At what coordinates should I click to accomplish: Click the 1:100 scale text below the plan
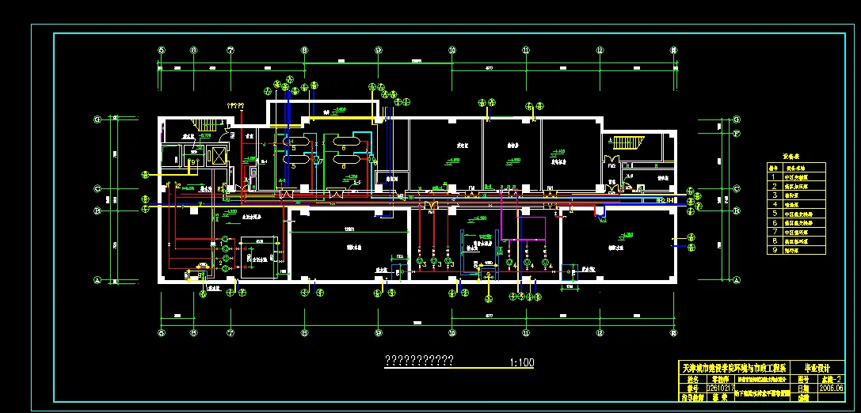pyautogui.click(x=523, y=363)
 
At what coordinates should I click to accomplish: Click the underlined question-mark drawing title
pyautogui.click(x=418, y=361)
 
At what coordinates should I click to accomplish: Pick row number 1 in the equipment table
pyautogui.click(x=773, y=179)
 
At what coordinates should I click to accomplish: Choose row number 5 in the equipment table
pyautogui.click(x=773, y=214)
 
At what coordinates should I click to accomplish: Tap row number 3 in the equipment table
pyautogui.click(x=773, y=196)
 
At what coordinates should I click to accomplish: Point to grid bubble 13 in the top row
pyautogui.click(x=675, y=50)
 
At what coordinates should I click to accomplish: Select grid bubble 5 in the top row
pyautogui.click(x=162, y=50)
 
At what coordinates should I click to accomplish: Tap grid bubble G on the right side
pyautogui.click(x=737, y=120)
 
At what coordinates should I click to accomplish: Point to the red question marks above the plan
pyautogui.click(x=235, y=105)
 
